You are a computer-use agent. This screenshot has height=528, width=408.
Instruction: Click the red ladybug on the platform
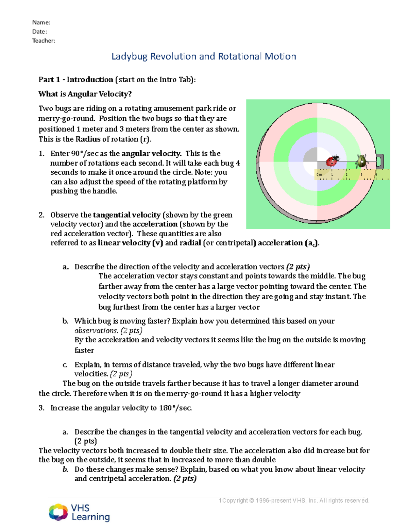pyautogui.click(x=333, y=160)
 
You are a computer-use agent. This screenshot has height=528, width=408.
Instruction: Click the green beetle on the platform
pyautogui.click(x=361, y=161)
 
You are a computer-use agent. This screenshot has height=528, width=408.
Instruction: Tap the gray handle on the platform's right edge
pyautogui.click(x=380, y=161)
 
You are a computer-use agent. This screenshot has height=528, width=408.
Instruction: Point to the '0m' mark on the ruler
pyautogui.click(x=319, y=174)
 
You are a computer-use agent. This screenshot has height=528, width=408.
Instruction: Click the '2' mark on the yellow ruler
pyautogui.click(x=346, y=174)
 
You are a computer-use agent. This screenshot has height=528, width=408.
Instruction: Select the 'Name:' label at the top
pyautogui.click(x=41, y=22)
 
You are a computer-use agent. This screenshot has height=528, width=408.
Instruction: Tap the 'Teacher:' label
pyautogui.click(x=44, y=41)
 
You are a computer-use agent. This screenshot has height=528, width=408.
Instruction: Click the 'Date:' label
pyautogui.click(x=39, y=32)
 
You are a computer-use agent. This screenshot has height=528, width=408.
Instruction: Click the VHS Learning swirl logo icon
pyautogui.click(x=58, y=512)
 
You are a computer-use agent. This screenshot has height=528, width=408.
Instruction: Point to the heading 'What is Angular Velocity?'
pyautogui.click(x=85, y=94)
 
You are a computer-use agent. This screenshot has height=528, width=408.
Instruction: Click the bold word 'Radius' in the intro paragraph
pyautogui.click(x=88, y=139)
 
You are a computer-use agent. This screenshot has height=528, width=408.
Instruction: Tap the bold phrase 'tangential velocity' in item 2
pyautogui.click(x=126, y=215)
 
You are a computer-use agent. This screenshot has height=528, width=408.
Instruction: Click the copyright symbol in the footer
pyautogui.click(x=252, y=500)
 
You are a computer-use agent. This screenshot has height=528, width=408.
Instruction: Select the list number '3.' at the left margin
pyautogui.click(x=41, y=408)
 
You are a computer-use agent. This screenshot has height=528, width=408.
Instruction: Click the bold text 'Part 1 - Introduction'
pyautogui.click(x=76, y=80)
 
